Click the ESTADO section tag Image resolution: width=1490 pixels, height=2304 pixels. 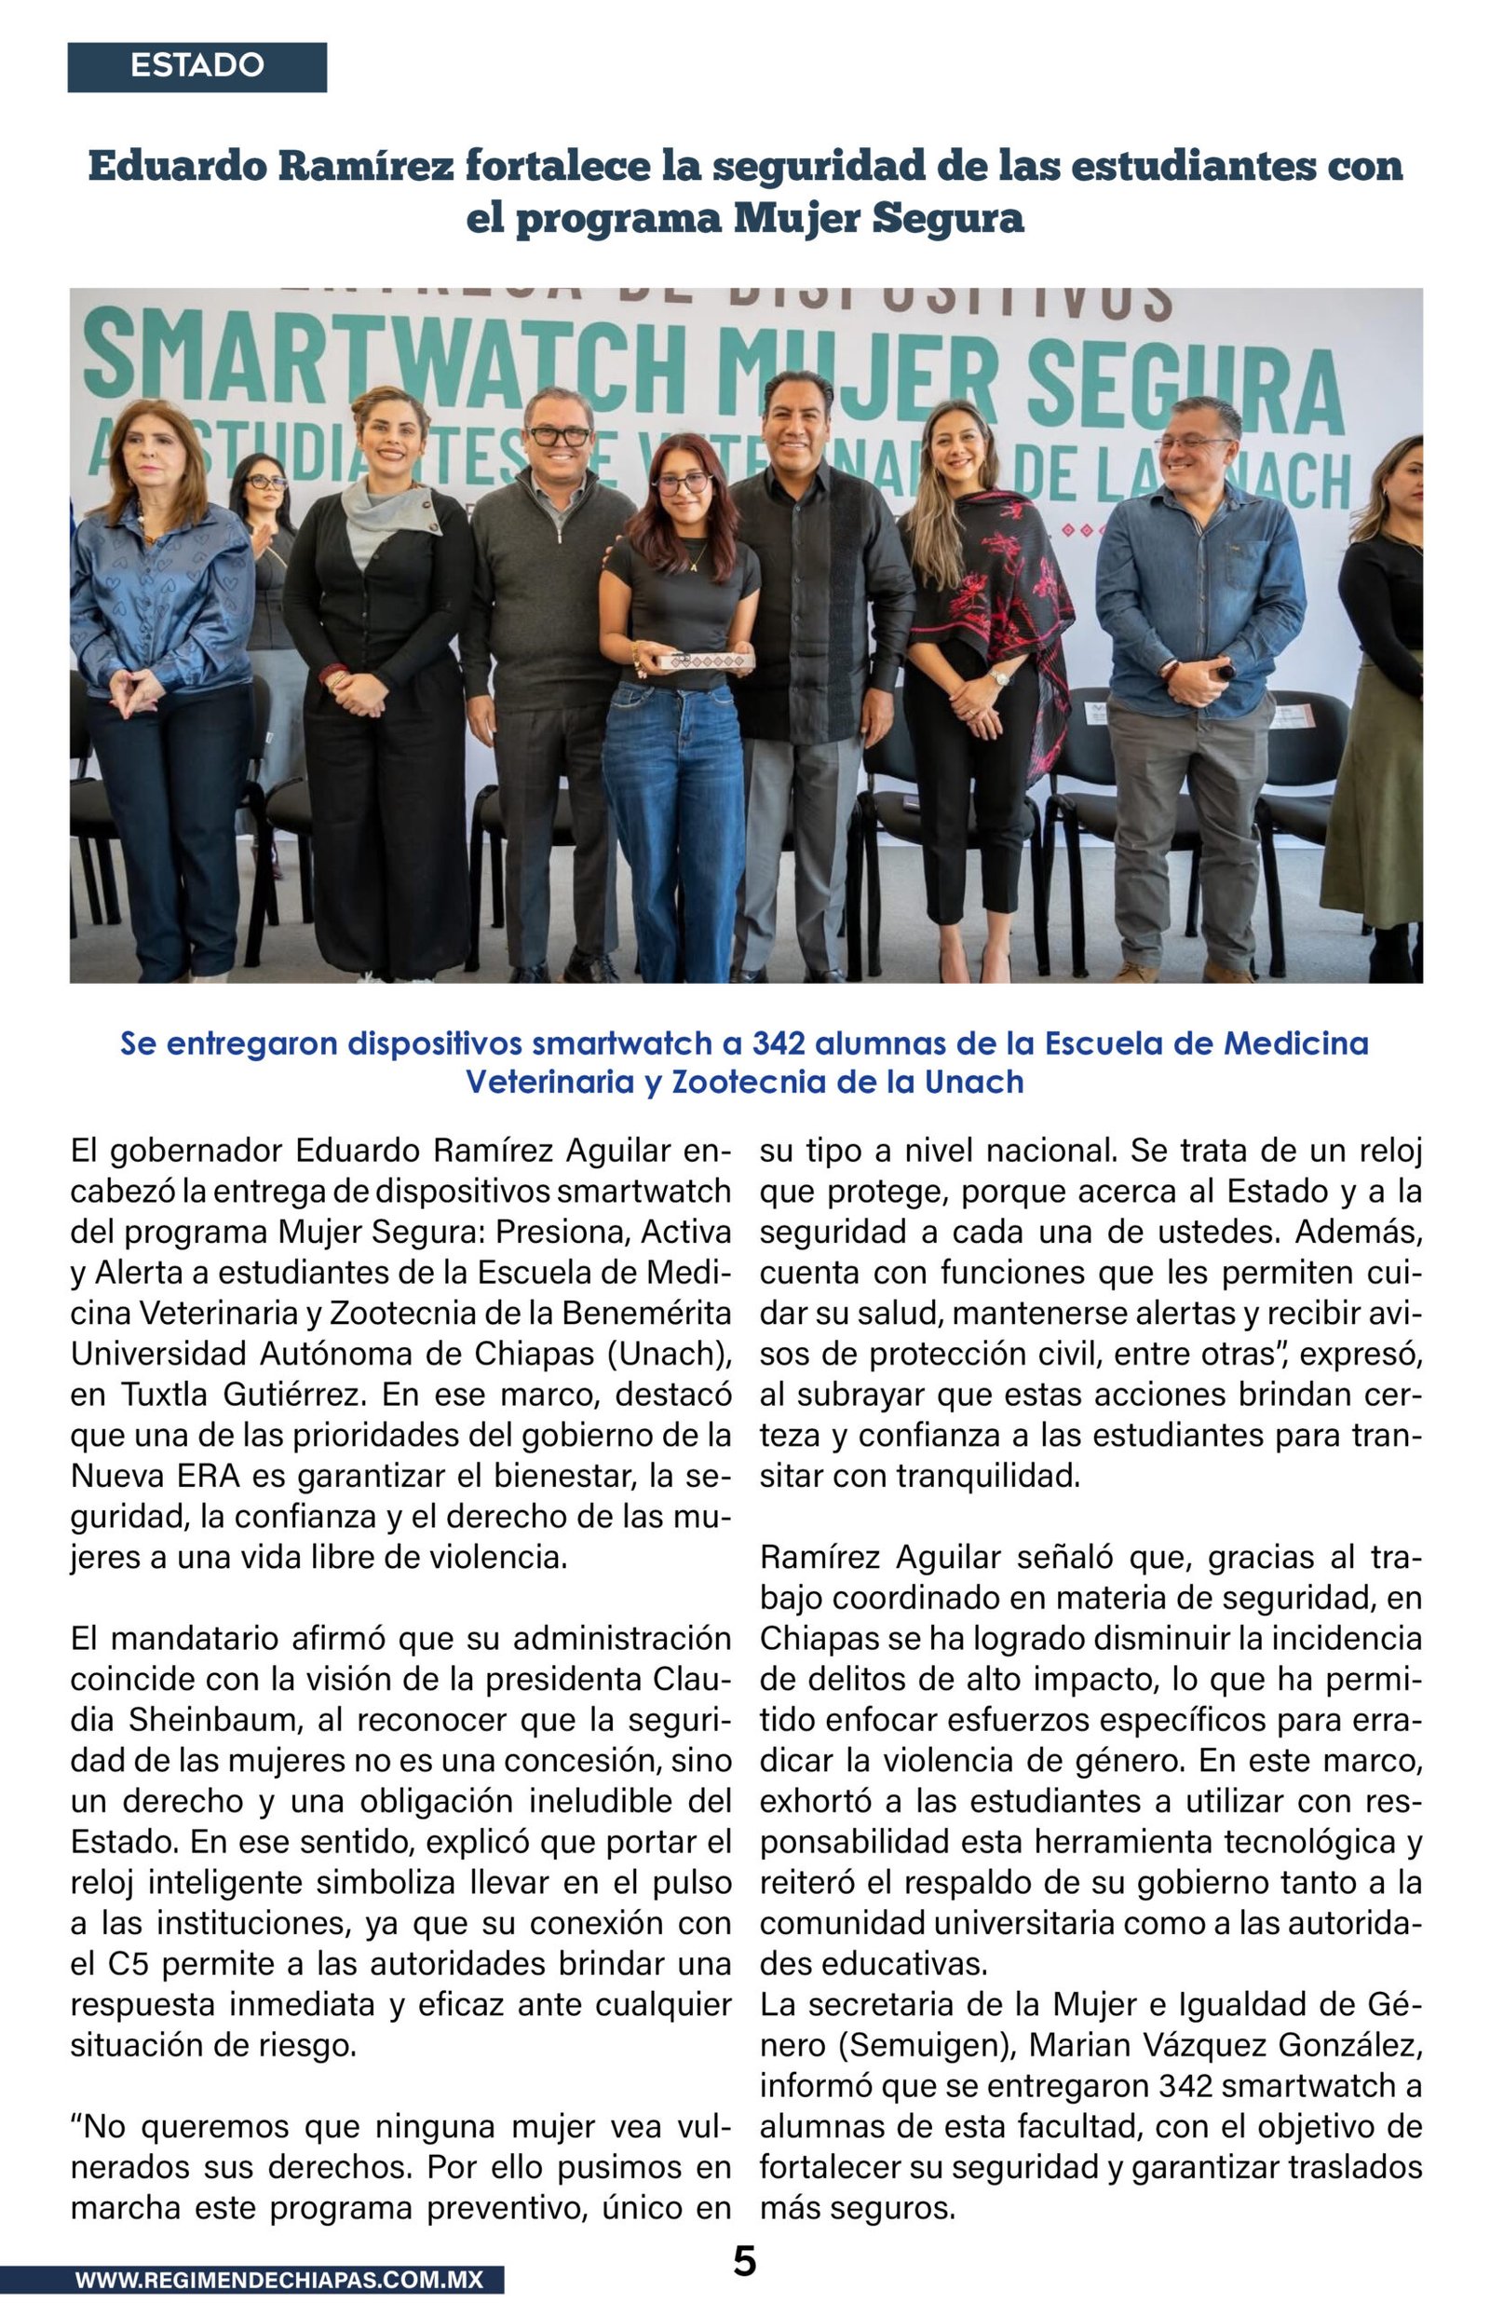point(196,66)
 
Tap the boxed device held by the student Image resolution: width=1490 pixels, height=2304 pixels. point(705,661)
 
